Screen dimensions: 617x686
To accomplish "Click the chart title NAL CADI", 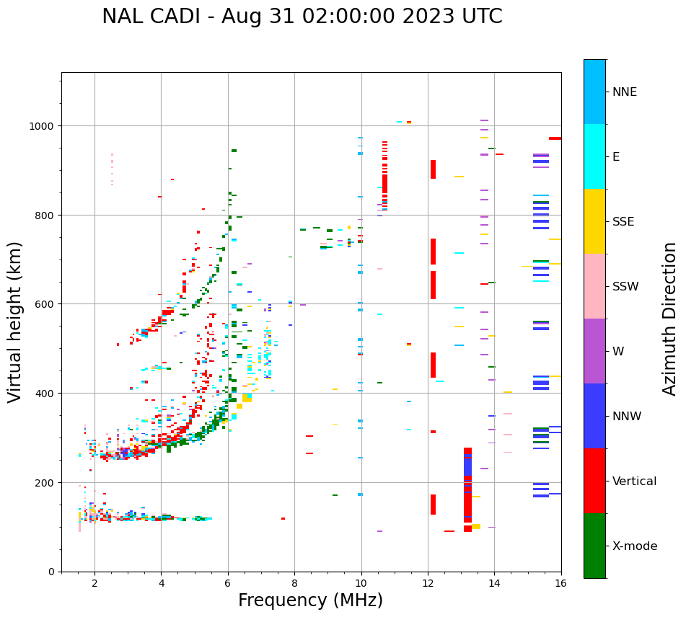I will click(302, 17).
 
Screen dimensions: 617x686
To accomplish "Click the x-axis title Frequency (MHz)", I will click(310, 600).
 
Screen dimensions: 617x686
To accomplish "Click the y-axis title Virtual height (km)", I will click(15, 321).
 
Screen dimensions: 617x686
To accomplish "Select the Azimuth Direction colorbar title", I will click(670, 319).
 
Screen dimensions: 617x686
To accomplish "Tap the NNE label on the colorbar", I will click(625, 92).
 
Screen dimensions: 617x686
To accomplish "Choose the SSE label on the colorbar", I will click(623, 221).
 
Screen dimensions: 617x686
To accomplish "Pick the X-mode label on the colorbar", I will click(635, 546).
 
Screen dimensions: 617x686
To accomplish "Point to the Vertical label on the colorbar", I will click(635, 481).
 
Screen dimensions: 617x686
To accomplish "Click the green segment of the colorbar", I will click(594, 546).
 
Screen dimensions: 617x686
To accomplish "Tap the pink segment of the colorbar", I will click(594, 286).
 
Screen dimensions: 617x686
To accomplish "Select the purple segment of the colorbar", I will click(594, 351).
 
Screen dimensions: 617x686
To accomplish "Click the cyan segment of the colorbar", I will click(594, 156).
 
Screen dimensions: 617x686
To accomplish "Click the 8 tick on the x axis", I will click(294, 584).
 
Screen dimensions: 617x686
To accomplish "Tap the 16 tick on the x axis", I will click(560, 584).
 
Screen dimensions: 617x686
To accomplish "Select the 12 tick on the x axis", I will click(428, 584).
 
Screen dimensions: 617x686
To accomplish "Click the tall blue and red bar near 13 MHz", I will click(467, 490).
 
